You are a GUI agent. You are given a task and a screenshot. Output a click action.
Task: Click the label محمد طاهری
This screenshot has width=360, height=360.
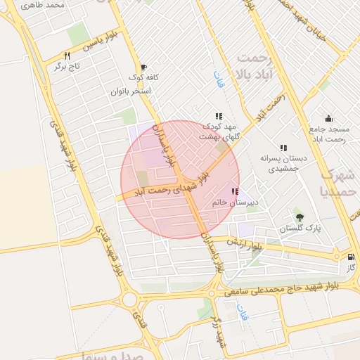click(44, 5)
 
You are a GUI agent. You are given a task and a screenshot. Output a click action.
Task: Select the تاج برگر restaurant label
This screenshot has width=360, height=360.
click(67, 66)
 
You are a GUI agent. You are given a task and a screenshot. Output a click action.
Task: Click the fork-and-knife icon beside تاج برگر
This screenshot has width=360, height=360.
click(67, 55)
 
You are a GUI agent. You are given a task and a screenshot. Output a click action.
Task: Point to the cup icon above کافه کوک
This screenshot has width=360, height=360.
click(143, 66)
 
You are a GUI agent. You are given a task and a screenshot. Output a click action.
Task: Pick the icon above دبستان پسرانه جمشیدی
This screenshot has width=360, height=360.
click(283, 148)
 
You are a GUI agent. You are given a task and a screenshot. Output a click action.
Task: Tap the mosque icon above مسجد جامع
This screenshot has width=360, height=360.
click(328, 118)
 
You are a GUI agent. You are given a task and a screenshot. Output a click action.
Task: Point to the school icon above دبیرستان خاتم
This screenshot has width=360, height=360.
click(234, 191)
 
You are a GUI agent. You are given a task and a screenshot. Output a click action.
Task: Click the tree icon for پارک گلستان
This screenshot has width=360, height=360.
click(300, 217)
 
